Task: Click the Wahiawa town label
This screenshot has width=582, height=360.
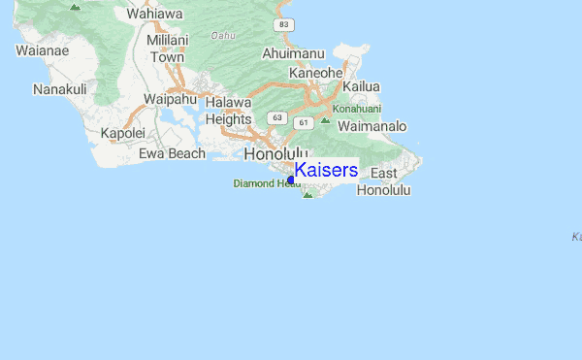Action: click(153, 15)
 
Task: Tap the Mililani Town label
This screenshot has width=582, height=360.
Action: click(166, 49)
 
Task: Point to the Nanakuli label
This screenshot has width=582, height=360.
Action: click(60, 89)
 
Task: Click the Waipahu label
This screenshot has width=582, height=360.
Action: click(170, 99)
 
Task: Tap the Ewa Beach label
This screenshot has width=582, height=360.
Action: click(172, 153)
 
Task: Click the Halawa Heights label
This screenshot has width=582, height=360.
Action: click(229, 111)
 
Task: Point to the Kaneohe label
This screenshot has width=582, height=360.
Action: click(316, 73)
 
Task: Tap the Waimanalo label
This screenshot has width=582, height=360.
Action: click(373, 126)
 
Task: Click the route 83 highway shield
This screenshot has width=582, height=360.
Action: click(282, 23)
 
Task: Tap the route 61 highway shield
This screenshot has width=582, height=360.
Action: click(304, 122)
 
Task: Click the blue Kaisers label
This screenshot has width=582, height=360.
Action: click(326, 171)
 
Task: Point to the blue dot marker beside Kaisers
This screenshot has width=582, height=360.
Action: click(291, 180)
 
